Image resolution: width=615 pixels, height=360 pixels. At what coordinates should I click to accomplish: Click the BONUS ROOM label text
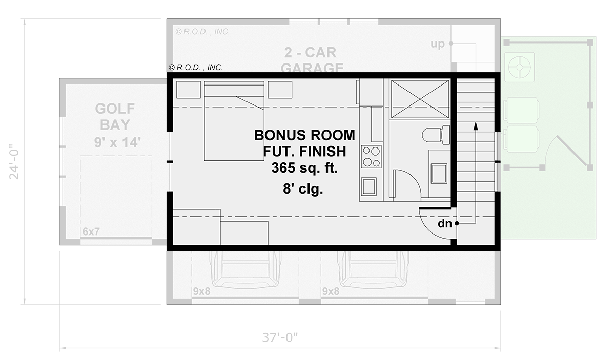(x=304, y=135)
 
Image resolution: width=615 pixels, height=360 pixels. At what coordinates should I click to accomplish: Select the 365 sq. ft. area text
(x=304, y=168)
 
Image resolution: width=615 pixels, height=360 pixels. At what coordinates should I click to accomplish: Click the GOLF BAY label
(x=114, y=116)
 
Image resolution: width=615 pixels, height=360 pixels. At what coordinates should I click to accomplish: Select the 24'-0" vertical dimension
(x=17, y=162)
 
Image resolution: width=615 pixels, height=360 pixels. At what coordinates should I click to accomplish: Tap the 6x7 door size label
(x=91, y=232)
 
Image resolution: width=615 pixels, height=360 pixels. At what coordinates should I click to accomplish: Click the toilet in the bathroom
(x=435, y=135)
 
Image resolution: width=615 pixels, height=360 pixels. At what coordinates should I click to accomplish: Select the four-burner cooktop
(x=372, y=157)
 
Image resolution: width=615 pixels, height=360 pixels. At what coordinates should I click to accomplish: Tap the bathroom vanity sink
(x=439, y=173)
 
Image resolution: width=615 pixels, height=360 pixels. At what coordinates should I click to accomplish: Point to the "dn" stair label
(x=444, y=223)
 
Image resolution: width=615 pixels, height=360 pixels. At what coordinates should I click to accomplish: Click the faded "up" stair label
(x=438, y=44)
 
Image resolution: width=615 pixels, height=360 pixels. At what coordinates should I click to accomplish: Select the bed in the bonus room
(x=234, y=121)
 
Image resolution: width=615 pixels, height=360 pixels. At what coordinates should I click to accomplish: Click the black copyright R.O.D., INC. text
(x=195, y=68)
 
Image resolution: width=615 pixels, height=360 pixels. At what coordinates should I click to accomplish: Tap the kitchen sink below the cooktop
(x=369, y=186)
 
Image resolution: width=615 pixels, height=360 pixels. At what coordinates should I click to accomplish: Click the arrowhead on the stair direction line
(x=476, y=125)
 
